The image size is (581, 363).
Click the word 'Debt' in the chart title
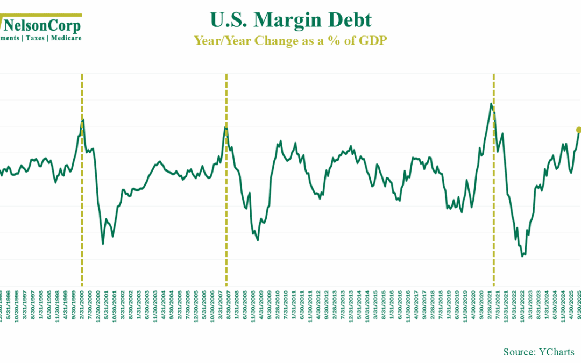pyautogui.click(x=353, y=20)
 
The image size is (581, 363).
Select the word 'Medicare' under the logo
pyautogui.click(x=66, y=38)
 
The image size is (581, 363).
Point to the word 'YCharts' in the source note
pyautogui.click(x=556, y=352)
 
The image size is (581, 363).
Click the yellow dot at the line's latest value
pyautogui.click(x=579, y=130)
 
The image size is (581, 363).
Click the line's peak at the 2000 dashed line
pyautogui.click(x=82, y=120)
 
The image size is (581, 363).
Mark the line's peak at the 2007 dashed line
pyautogui.click(x=226, y=127)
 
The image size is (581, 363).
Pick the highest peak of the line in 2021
pyautogui.click(x=491, y=104)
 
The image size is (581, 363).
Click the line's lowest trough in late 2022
pyautogui.click(x=522, y=256)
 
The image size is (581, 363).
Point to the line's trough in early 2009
pyautogui.click(x=258, y=240)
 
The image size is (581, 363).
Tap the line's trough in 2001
pyautogui.click(x=103, y=244)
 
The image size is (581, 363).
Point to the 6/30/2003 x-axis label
pyautogui.click(x=147, y=307)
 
